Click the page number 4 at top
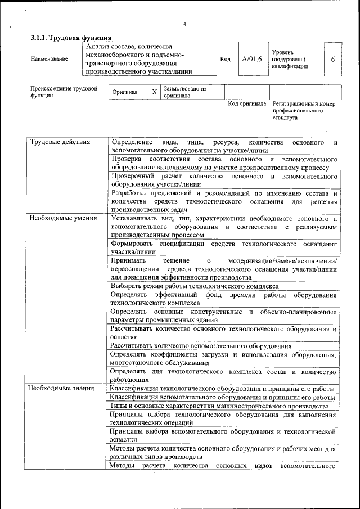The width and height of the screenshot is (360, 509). click(x=184, y=24)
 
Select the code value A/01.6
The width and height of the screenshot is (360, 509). click(x=251, y=59)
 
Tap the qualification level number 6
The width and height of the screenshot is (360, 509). click(x=333, y=59)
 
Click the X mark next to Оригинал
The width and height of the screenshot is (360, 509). click(x=154, y=92)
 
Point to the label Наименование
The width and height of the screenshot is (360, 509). click(x=49, y=59)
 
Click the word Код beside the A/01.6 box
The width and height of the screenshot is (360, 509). click(x=225, y=59)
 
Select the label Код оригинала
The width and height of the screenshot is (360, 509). click(x=246, y=104)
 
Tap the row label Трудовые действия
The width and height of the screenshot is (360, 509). click(x=60, y=142)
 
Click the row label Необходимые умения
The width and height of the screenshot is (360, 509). click(x=63, y=218)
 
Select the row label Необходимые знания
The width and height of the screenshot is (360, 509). click(x=62, y=388)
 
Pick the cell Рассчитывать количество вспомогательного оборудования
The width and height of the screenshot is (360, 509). click(x=201, y=346)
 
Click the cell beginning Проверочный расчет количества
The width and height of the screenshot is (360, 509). click(x=224, y=180)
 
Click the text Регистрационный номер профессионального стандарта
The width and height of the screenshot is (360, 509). click(x=304, y=111)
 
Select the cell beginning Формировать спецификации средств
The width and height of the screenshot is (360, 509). click(x=224, y=247)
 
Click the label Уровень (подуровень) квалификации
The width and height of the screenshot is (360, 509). click(x=290, y=59)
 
